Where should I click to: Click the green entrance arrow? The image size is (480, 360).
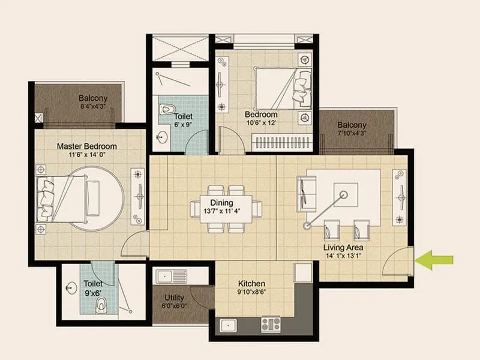[435, 260]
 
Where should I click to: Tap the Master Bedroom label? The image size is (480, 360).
[86, 146]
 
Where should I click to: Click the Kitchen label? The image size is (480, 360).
[252, 283]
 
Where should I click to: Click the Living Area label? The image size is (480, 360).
[343, 247]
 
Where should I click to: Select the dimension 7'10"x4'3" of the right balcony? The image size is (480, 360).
[352, 133]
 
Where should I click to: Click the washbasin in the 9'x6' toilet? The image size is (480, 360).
[73, 287]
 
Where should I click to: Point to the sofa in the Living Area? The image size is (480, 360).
[303, 193]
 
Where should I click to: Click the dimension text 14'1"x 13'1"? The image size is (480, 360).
[343, 256]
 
